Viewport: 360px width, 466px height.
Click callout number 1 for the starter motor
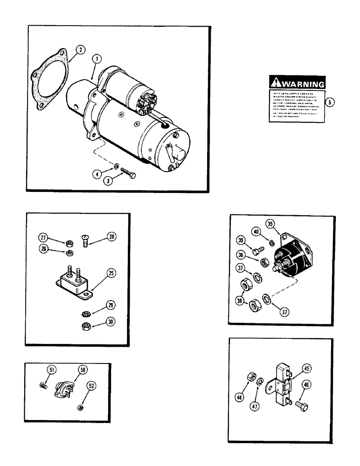click(x=97, y=59)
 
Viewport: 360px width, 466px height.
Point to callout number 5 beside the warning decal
click(x=330, y=103)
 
